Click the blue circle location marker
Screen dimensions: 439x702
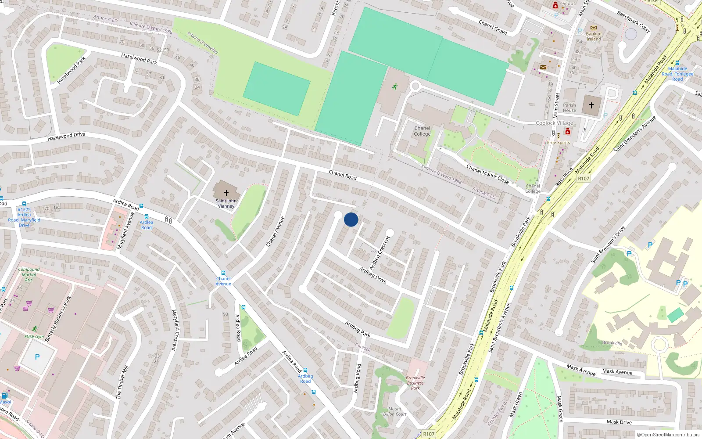351,219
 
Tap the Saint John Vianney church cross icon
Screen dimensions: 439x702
226,193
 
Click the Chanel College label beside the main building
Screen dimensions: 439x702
422,131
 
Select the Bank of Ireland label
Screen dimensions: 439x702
594,36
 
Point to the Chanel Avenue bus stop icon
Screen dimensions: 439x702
223,273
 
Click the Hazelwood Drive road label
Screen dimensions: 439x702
66,137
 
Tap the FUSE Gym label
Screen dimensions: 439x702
34,337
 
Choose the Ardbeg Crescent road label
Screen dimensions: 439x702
380,253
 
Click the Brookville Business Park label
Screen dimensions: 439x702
415,383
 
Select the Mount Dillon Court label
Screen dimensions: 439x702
395,411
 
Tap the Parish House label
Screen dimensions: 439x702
569,108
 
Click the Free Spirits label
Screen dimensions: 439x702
559,143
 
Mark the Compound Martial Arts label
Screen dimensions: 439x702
29,274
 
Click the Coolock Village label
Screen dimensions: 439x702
555,123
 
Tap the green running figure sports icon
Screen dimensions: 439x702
394,86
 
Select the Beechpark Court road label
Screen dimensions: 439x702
633,22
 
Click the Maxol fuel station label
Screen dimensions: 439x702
5,402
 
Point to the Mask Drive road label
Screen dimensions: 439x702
619,422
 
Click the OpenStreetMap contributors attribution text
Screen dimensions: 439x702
668,435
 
